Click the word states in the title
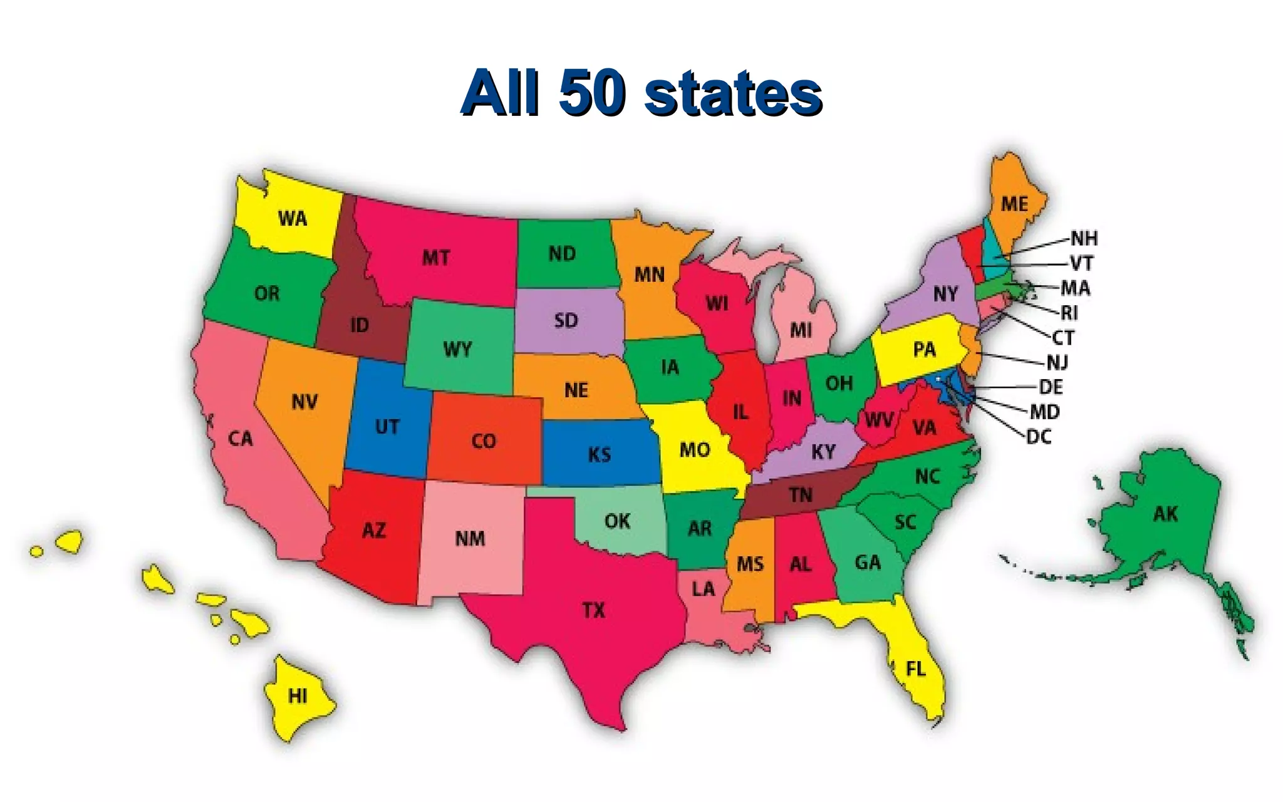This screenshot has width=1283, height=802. (733, 94)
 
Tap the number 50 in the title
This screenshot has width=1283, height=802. (592, 94)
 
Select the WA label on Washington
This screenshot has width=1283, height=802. (293, 219)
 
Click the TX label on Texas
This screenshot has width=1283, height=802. (593, 610)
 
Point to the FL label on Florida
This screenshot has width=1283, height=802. (915, 669)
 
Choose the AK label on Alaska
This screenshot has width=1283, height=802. (1165, 514)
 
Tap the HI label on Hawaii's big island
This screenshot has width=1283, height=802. (298, 696)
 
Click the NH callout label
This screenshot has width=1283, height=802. (1084, 239)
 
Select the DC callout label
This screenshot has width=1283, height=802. (1039, 437)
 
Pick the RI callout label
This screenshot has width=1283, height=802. (1069, 313)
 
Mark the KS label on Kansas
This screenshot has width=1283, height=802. (600, 454)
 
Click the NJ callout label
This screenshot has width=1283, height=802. (1057, 362)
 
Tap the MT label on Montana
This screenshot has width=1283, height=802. (435, 258)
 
